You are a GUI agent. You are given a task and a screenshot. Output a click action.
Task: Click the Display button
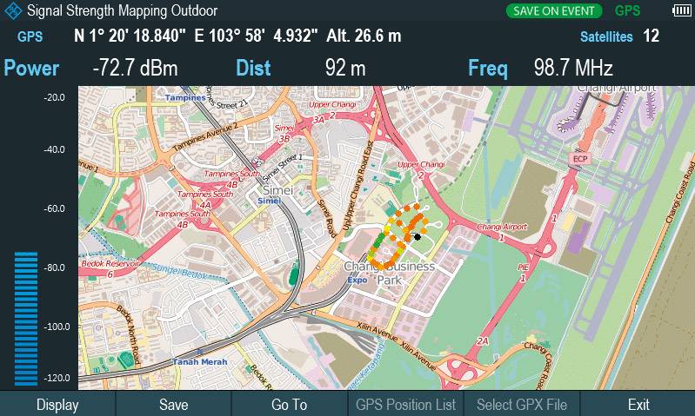(x=57, y=405)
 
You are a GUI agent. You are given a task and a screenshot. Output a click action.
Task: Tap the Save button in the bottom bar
(x=173, y=405)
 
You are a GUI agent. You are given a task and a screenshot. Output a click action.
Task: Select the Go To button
(x=289, y=405)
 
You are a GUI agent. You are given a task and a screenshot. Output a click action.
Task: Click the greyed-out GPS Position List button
(x=405, y=405)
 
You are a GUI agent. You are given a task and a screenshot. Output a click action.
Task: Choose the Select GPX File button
(x=522, y=405)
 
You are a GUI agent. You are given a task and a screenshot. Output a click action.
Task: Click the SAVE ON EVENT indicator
(x=555, y=11)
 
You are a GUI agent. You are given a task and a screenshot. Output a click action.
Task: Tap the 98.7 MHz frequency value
(x=574, y=69)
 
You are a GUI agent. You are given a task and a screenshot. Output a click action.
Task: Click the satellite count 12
(x=651, y=36)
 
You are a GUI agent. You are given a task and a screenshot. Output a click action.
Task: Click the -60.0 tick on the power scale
(x=55, y=208)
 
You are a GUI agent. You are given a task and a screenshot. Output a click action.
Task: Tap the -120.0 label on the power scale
(x=55, y=379)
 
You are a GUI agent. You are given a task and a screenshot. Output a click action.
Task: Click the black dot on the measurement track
(x=418, y=236)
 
